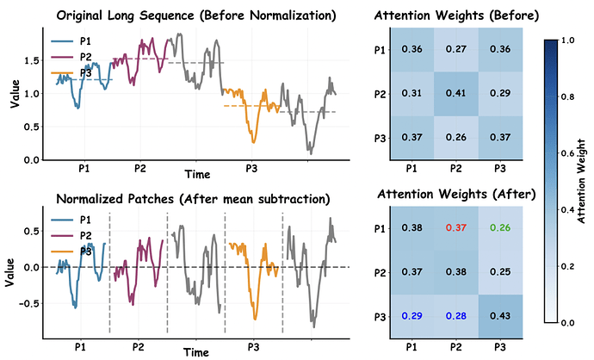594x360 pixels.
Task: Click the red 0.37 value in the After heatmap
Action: (455, 227)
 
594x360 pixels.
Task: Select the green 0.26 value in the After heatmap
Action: (499, 227)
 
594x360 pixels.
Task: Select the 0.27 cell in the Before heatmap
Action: (455, 48)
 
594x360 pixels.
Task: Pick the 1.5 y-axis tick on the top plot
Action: (31, 59)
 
